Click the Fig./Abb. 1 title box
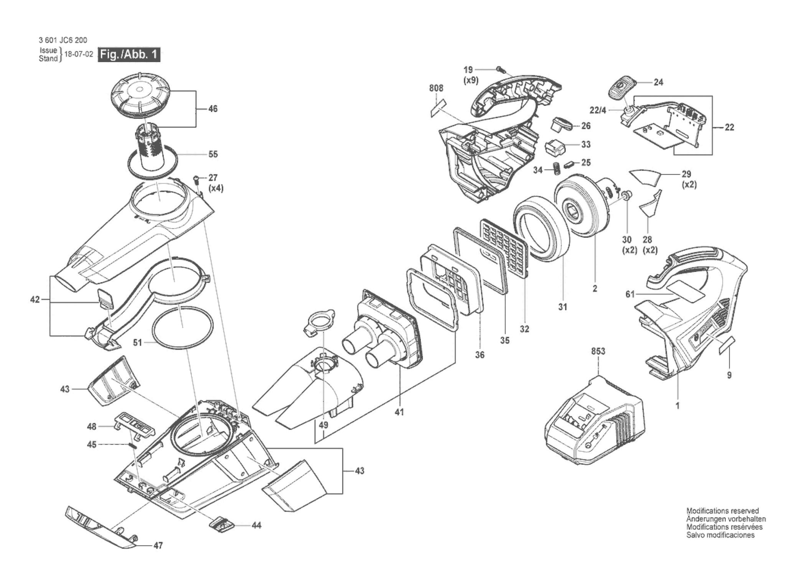tap(129, 54)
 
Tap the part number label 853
tap(598, 351)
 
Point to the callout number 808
tap(436, 88)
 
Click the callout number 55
tap(213, 154)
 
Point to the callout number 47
tap(158, 545)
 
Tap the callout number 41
tap(399, 412)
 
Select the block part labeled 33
tap(556, 148)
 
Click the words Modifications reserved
tap(722, 511)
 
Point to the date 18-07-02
tap(78, 54)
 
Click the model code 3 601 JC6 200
tap(63, 40)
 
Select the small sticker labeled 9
tap(726, 346)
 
